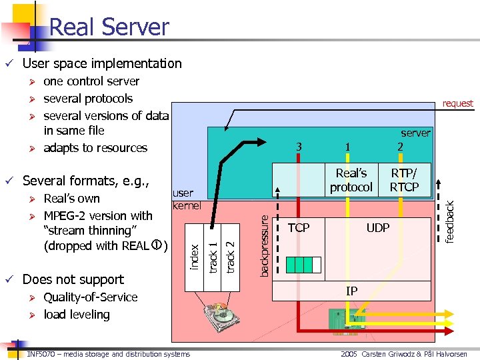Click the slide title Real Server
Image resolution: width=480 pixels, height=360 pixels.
click(x=109, y=27)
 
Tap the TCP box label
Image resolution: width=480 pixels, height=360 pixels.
click(x=298, y=228)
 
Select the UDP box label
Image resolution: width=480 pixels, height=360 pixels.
click(x=377, y=228)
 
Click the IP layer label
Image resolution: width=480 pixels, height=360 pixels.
click(x=351, y=291)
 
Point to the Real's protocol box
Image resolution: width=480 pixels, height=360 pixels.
click(x=351, y=180)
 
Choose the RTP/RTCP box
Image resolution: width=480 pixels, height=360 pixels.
click(x=404, y=180)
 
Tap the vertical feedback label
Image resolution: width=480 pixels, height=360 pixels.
click(x=450, y=222)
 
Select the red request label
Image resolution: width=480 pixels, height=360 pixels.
click(x=457, y=103)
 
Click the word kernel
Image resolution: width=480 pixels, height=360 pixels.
click(x=187, y=205)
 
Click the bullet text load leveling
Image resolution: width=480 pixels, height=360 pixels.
click(x=76, y=314)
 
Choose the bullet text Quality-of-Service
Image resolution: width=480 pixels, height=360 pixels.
click(x=90, y=297)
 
